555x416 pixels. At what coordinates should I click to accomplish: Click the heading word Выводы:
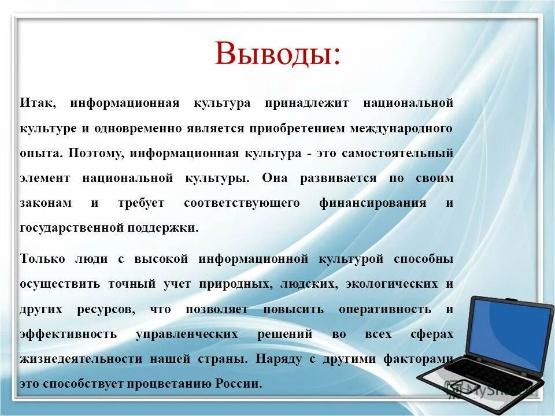coord(277,54)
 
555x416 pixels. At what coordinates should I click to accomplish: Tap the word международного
coord(401,128)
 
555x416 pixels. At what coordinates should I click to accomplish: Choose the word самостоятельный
coord(397,154)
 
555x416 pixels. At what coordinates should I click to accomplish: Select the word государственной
coord(65,228)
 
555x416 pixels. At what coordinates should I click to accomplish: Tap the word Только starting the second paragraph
coord(43,259)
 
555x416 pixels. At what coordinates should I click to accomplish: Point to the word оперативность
coord(384,309)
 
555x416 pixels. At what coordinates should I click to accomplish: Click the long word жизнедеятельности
coord(82,359)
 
